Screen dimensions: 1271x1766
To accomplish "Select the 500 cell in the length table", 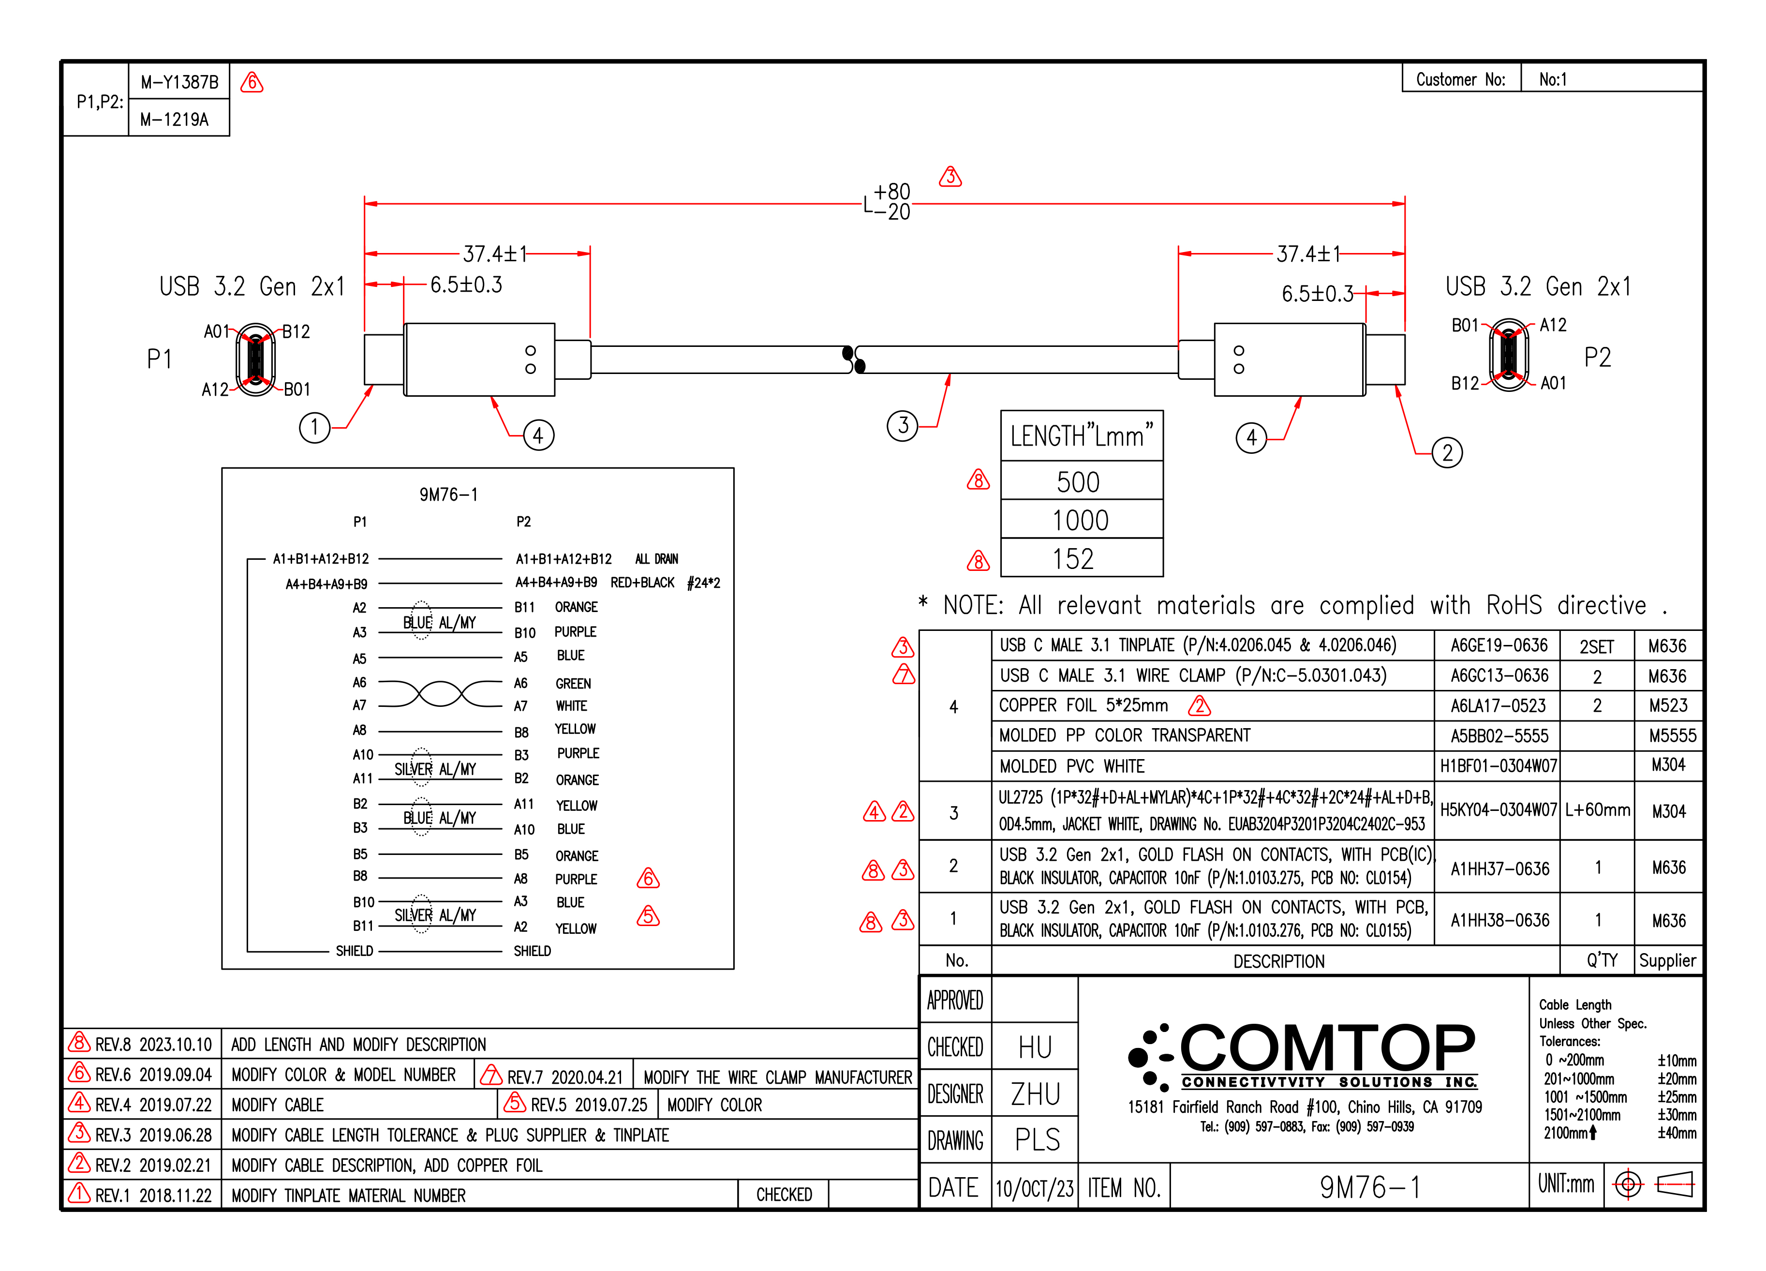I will pos(1080,482).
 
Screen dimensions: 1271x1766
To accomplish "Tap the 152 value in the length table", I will pos(1075,559).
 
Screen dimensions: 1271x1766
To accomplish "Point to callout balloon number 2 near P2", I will pos(1447,452).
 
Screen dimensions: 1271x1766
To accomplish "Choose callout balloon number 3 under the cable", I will pos(903,426).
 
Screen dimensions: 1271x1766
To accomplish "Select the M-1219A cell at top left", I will pos(175,119).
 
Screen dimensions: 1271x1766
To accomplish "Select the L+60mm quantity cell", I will pos(1597,810).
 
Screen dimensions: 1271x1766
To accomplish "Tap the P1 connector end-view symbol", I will pos(255,360).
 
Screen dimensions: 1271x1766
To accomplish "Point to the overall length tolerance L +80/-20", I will pos(888,203).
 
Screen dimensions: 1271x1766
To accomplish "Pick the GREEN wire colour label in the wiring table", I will pos(573,684).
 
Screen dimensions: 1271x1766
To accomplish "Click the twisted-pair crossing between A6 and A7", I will pos(441,693).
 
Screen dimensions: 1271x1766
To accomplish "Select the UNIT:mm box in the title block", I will pos(1566,1184).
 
